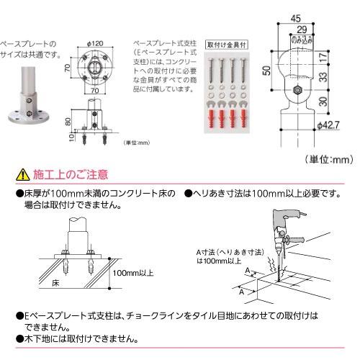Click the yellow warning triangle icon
[x=23, y=174]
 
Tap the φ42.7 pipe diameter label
[x=325, y=124]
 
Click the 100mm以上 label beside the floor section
[x=132, y=274]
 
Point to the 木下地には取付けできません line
[x=86, y=339]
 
